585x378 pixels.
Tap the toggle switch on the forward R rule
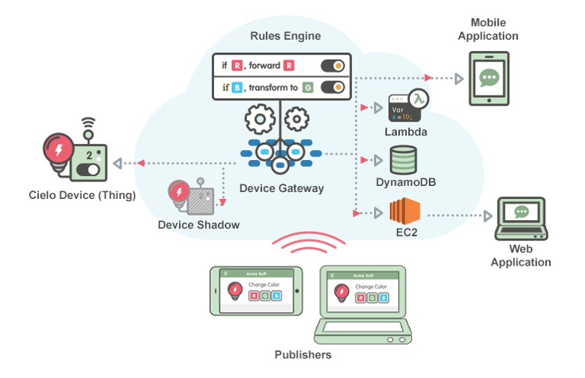pyautogui.click(x=333, y=66)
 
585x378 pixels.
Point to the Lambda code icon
pyautogui.click(x=405, y=108)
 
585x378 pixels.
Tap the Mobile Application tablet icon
pyautogui.click(x=488, y=79)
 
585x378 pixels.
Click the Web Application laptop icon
pyautogui.click(x=522, y=219)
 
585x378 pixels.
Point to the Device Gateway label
pyautogui.click(x=281, y=188)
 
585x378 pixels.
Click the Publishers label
pyautogui.click(x=303, y=355)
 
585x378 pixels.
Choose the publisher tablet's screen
pyautogui.click(x=257, y=291)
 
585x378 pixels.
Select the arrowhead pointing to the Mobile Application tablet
pyautogui.click(x=459, y=78)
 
